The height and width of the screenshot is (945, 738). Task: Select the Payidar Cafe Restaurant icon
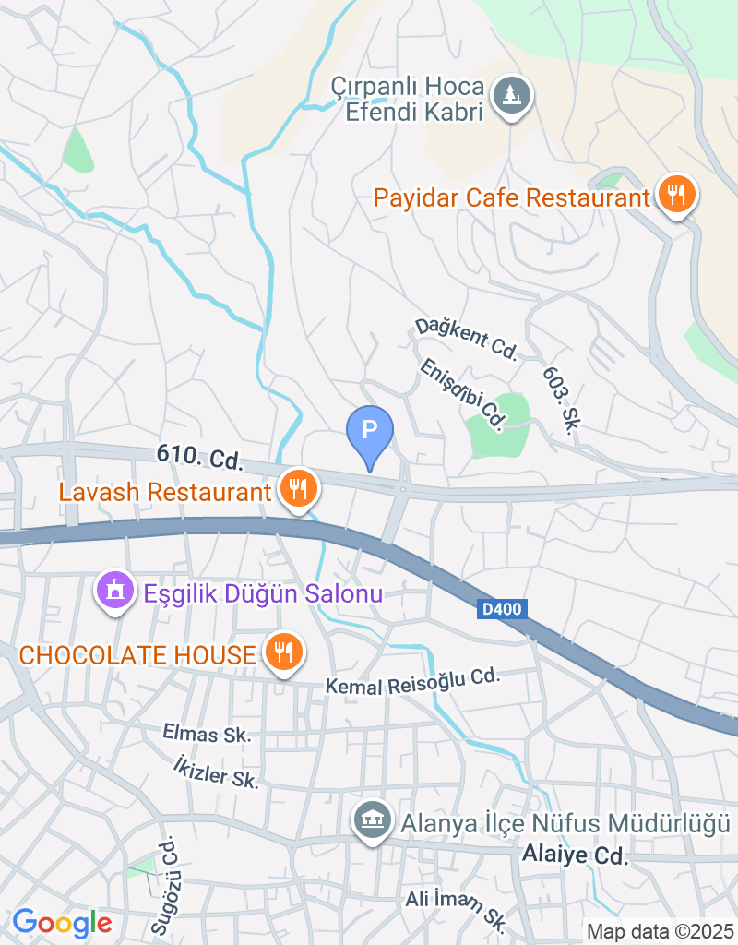click(x=677, y=194)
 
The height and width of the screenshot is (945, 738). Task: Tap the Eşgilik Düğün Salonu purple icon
click(x=115, y=590)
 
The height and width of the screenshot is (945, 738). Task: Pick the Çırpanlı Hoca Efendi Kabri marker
click(x=509, y=95)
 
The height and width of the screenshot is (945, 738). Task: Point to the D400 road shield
click(x=500, y=610)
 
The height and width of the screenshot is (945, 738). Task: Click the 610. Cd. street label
click(x=199, y=456)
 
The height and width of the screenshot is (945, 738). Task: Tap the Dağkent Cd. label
click(x=466, y=338)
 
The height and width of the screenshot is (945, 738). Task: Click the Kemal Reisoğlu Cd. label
click(x=412, y=681)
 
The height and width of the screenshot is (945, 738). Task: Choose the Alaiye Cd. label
click(x=575, y=855)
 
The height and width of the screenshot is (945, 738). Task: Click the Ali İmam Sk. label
click(x=458, y=907)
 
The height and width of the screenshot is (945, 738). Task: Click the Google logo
click(x=62, y=922)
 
